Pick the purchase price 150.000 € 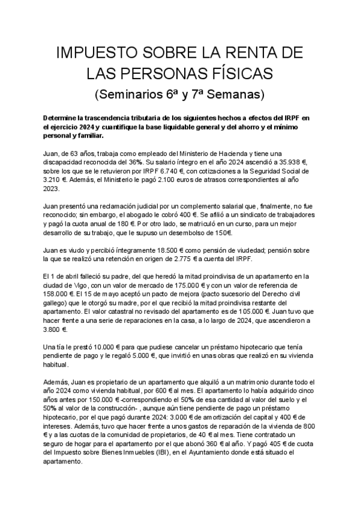109,400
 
